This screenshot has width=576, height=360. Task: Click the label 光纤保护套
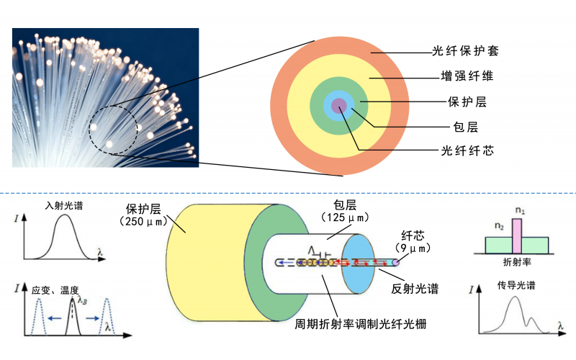[465, 52]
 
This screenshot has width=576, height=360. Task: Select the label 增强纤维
[467, 76]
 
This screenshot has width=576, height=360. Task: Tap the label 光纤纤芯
[467, 151]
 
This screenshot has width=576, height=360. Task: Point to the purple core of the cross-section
[338, 107]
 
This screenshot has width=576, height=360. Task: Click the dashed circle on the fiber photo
[113, 130]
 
